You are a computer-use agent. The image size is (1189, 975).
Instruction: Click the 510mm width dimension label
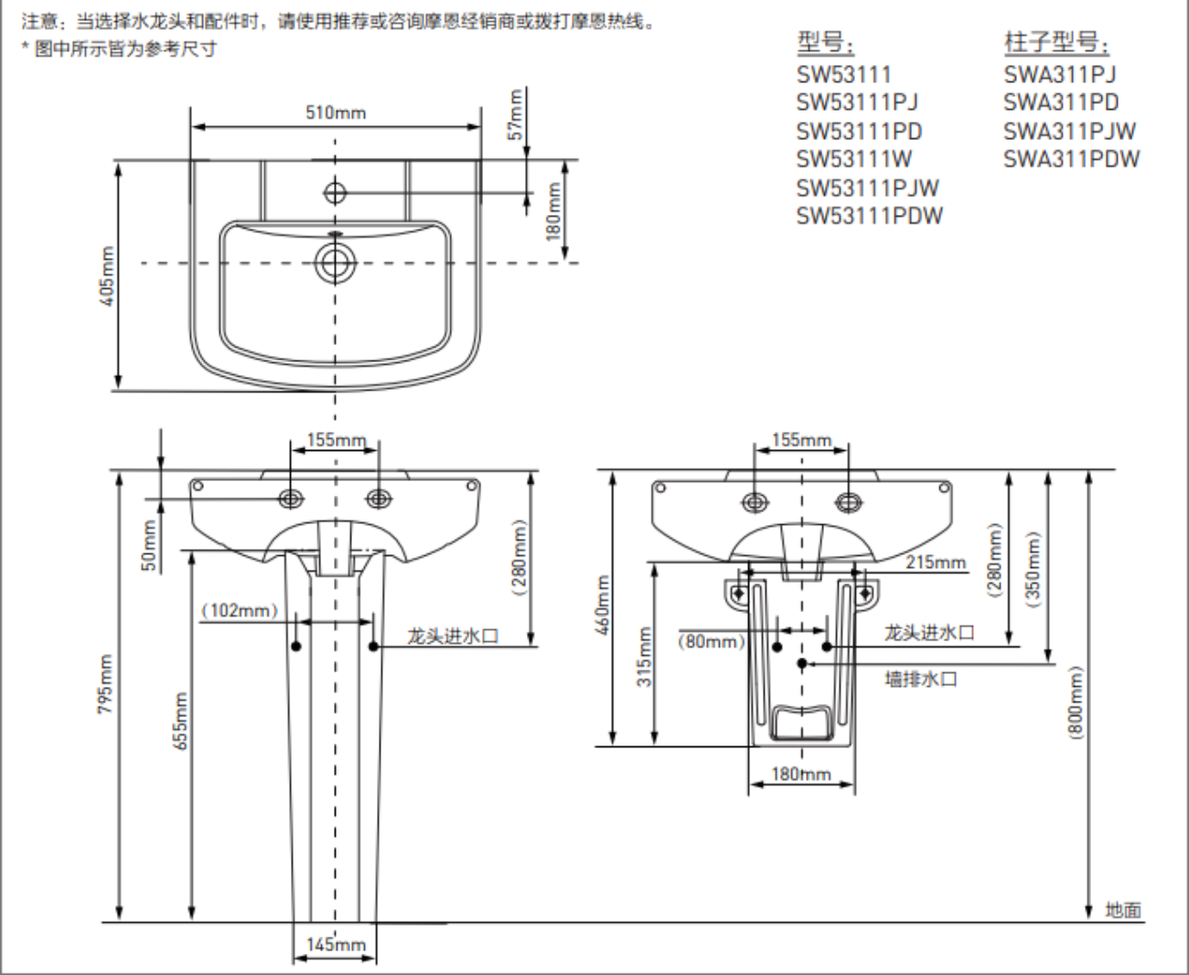336,112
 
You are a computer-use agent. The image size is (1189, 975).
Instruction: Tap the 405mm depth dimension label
107,275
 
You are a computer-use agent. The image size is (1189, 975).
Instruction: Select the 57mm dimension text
515,113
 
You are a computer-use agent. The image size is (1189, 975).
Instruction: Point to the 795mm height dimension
106,684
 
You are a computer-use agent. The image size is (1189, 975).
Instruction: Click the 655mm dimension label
180,721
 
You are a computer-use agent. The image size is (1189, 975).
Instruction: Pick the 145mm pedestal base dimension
336,944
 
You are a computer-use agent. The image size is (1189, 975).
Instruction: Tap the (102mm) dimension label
240,610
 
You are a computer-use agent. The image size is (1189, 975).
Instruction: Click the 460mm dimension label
602,605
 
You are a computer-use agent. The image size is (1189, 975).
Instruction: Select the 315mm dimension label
644,656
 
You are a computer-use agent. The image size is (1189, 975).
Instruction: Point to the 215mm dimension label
936,562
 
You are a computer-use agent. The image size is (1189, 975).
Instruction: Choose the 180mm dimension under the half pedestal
800,774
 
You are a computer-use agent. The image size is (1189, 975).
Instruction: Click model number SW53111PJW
867,187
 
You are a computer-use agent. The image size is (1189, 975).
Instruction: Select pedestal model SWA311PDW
1071,159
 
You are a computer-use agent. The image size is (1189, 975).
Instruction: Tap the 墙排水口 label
920,679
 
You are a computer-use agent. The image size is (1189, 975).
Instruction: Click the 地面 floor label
1123,909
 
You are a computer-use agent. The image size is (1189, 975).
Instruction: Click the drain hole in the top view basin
335,262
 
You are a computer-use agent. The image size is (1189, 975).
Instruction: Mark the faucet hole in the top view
335,192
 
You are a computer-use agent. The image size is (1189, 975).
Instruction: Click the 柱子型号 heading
1056,43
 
